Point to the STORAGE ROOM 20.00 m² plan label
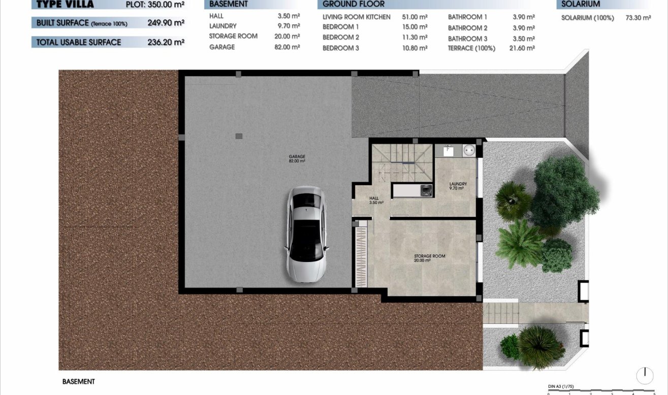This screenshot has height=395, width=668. [x=429, y=258]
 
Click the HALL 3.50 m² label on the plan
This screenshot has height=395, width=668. [x=376, y=201]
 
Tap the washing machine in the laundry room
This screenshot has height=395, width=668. [x=426, y=190]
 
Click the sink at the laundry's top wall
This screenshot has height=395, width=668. [x=449, y=150]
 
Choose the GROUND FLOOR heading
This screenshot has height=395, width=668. [x=354, y=4]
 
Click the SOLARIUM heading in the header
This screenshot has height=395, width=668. [x=578, y=4]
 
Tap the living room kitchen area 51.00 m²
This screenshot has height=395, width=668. [x=415, y=17]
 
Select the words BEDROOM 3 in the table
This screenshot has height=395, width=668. [x=340, y=48]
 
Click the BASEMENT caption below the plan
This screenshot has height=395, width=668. [x=78, y=381]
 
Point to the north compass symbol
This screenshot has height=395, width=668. [x=645, y=375]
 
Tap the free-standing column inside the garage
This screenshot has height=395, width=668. [x=239, y=136]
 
